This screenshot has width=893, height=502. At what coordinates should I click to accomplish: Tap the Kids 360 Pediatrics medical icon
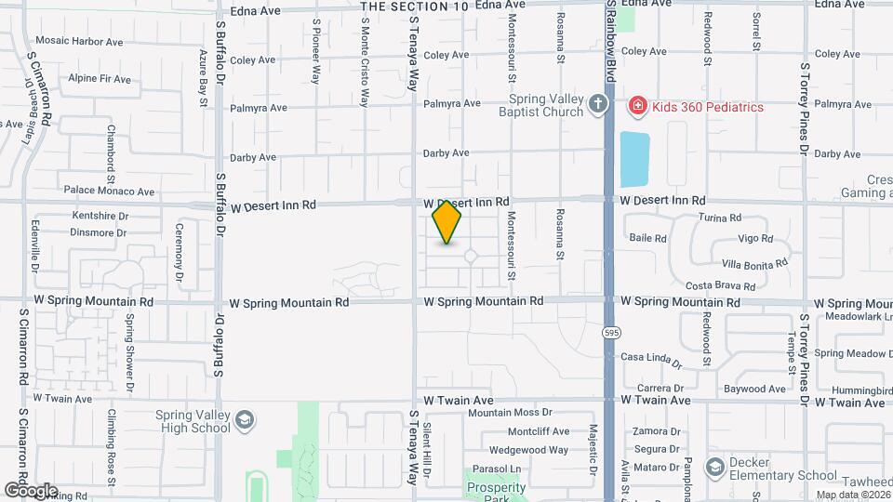click(637, 106)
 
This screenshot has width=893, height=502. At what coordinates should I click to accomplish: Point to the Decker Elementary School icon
click(715, 466)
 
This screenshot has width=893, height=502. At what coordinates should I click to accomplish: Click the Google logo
click(30, 491)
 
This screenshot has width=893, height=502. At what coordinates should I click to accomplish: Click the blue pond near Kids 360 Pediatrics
click(635, 159)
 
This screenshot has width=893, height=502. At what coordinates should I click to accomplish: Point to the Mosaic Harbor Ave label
click(79, 42)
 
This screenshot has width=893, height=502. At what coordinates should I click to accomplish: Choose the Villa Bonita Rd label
click(754, 264)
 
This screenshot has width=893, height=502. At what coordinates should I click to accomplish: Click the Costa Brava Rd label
click(720, 285)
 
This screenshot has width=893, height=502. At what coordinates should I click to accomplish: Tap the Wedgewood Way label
click(528, 450)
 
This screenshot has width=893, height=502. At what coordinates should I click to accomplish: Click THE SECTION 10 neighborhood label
click(414, 7)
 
